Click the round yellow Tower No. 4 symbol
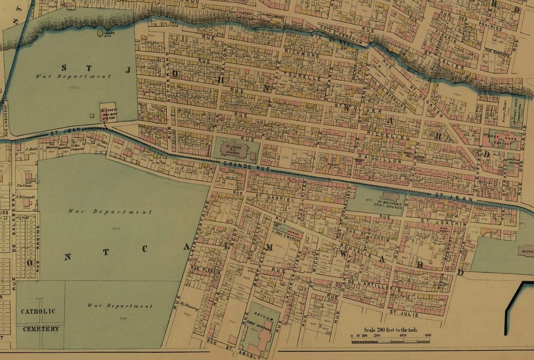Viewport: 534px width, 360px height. point(100,33)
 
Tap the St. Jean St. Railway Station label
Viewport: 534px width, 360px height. point(108,113)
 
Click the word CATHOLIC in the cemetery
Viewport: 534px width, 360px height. point(38,311)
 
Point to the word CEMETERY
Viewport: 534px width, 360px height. point(41,329)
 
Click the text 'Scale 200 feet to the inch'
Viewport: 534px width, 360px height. point(390,329)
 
